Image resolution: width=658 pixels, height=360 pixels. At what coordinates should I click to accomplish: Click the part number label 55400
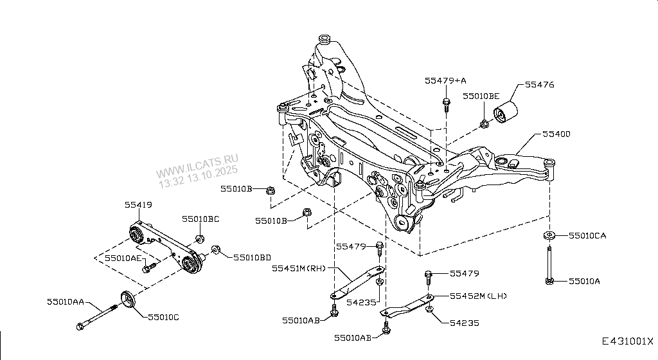[x=556, y=134]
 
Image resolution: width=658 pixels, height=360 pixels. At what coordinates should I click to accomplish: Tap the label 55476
[x=539, y=85]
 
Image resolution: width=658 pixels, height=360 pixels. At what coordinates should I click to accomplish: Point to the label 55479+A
[x=445, y=80]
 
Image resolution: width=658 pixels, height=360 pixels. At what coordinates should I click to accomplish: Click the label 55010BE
[x=481, y=96]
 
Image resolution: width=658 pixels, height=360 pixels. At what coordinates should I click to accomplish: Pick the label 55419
[x=138, y=206]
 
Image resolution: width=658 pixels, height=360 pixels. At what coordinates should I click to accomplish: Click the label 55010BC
[x=200, y=219]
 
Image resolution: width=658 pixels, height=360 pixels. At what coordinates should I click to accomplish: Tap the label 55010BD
[x=253, y=257]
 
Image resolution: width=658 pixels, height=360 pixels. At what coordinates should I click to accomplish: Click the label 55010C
[x=163, y=317]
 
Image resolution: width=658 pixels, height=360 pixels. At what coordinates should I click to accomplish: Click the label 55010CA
[x=587, y=236]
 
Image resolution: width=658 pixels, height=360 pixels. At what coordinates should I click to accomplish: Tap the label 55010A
[x=584, y=281]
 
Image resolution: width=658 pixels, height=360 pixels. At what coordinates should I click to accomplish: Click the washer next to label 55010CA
[x=550, y=235]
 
